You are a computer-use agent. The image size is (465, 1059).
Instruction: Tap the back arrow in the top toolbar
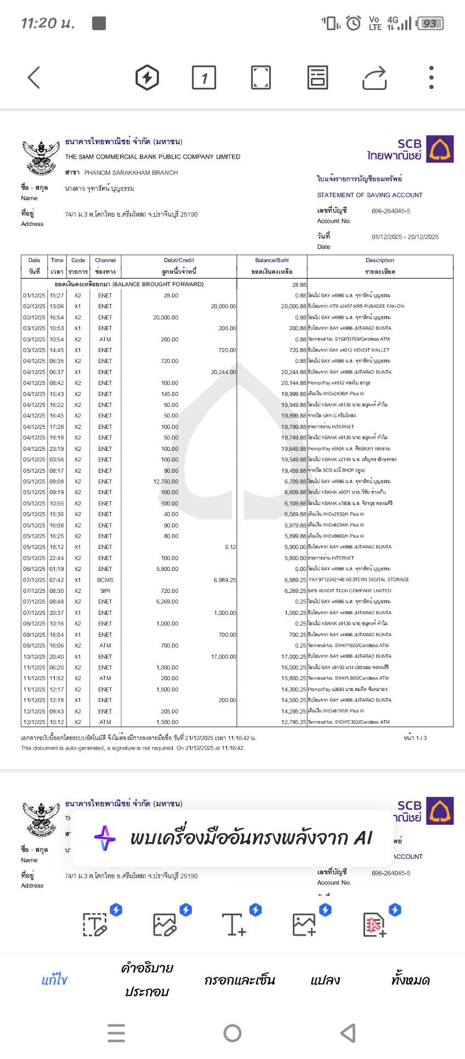coord(34,77)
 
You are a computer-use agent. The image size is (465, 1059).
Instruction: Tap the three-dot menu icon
coord(432,77)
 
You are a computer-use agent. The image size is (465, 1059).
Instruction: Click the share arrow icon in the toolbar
coord(375,77)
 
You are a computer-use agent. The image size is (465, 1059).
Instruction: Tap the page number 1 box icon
coord(204,77)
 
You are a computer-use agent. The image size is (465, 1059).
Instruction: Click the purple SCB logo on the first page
coord(440,150)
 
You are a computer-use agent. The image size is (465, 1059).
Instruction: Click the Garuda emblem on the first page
coord(40,156)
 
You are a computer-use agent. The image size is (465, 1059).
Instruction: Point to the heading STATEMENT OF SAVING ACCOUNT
coord(370,195)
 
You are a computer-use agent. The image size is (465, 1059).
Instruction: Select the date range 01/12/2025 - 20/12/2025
coord(405,237)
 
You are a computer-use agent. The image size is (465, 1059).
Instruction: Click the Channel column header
coord(105,260)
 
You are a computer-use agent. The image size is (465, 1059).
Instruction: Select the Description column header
coord(379,260)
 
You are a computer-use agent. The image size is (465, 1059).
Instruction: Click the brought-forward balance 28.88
coord(299,285)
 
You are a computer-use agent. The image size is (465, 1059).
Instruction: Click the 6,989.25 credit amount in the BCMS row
coord(225,580)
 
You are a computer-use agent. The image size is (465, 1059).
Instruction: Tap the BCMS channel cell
coord(105,580)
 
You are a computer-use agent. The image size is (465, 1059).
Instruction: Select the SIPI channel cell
coord(105,591)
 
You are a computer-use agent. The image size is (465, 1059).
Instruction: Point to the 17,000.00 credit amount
coord(223,656)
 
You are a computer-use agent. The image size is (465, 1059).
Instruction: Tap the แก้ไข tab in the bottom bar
coord(54,980)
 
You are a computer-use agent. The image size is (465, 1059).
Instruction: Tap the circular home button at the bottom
coord(232,1033)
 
